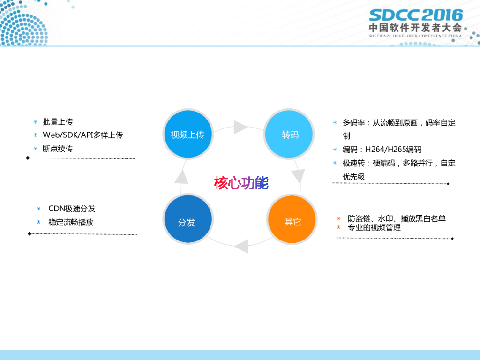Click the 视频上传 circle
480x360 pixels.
click(187, 135)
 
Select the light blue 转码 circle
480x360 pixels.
click(289, 135)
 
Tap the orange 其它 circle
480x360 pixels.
click(292, 221)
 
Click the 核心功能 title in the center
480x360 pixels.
click(241, 183)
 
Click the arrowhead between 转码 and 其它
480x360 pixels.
click(299, 176)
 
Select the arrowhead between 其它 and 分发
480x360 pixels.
click(241, 246)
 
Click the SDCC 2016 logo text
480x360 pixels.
click(415, 15)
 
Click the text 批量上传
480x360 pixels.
click(58, 122)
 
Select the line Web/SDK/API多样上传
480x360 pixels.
click(82, 135)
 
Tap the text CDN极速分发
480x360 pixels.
click(72, 209)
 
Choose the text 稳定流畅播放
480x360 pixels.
click(71, 222)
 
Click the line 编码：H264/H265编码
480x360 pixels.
click(382, 150)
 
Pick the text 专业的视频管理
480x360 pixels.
click(374, 228)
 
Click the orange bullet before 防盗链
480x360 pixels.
click(338, 218)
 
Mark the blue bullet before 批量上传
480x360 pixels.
click(36, 122)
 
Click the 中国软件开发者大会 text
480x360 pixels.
click(415, 28)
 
